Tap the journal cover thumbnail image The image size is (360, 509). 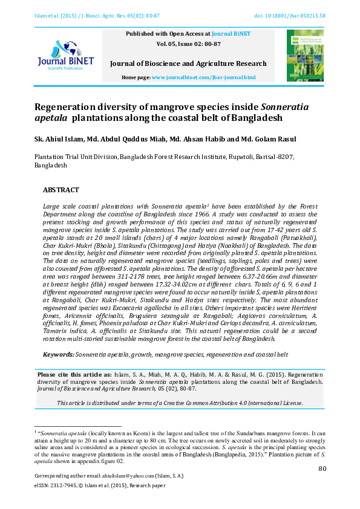click(x=305, y=56)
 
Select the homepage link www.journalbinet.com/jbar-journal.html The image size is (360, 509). click(x=203, y=78)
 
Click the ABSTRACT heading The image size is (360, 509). click(x=61, y=189)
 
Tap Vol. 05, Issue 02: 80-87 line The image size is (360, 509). click(x=188, y=44)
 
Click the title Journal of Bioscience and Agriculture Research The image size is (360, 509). click(x=188, y=64)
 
